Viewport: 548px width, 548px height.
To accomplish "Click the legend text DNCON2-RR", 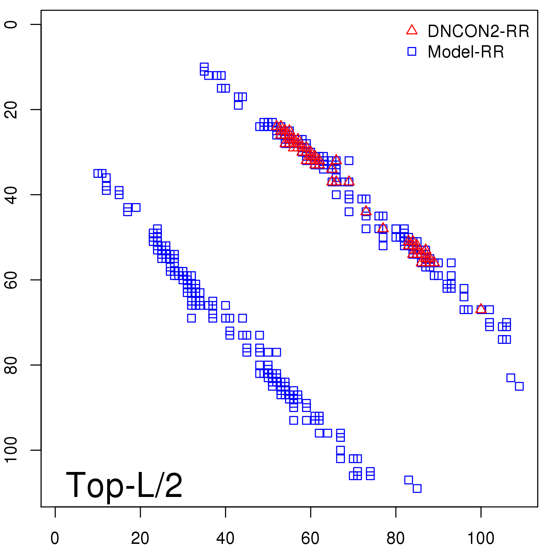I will [478, 31].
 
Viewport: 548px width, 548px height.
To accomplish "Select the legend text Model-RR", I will [466, 52].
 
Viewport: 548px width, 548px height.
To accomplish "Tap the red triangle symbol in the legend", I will [412, 30].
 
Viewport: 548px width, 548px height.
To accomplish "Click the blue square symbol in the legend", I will [412, 51].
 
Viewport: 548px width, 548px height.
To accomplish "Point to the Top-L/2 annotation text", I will [124, 485].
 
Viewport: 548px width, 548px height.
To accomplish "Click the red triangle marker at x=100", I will [481, 309].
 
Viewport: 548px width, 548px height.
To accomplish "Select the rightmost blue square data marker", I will [519, 386].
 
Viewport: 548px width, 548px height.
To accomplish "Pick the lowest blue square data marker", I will [417, 488].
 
